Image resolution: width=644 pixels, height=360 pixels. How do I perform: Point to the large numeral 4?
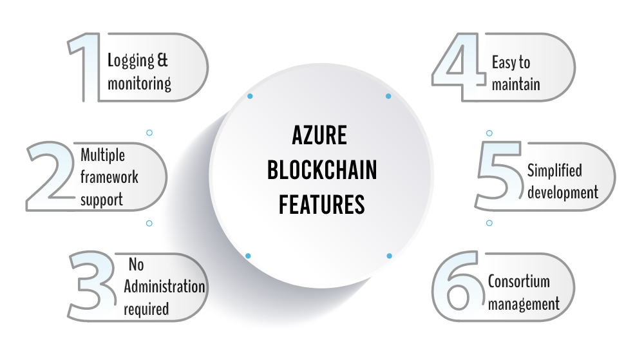point(460,68)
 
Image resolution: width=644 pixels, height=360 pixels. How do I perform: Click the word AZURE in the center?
point(319,137)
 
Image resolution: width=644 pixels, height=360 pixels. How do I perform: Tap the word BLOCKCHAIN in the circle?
point(322,171)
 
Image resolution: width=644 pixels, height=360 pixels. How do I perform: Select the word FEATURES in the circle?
point(321,204)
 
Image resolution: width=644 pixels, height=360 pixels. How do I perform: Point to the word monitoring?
point(139,84)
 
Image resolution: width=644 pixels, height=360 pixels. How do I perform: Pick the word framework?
point(109,177)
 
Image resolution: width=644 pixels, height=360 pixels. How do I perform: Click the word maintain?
point(516,84)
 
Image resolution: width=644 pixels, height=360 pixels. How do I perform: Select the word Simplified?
point(554,171)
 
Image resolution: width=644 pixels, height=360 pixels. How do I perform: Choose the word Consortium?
point(518,281)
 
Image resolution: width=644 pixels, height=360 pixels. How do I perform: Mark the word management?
point(524,303)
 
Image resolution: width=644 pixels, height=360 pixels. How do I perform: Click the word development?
point(563,192)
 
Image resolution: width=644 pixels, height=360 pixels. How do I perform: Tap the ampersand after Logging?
point(162,61)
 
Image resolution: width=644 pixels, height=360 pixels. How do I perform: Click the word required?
point(146,308)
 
